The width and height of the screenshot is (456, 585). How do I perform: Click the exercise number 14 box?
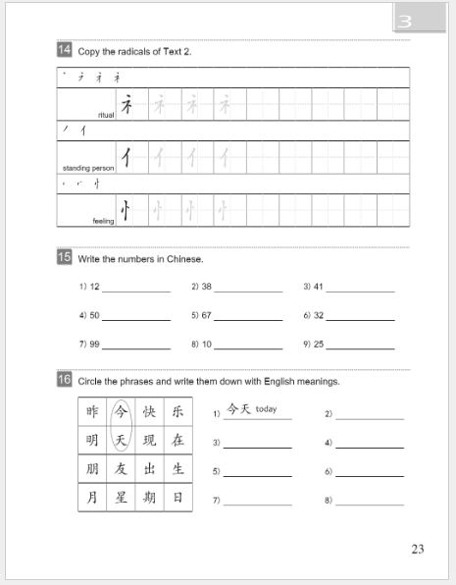(64, 49)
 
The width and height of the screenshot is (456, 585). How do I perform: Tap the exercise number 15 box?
(64, 257)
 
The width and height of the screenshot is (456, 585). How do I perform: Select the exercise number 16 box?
(64, 380)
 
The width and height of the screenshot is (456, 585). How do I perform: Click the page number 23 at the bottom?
(418, 549)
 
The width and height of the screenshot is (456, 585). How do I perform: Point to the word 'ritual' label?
(107, 115)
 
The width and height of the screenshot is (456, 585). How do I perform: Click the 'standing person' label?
(88, 168)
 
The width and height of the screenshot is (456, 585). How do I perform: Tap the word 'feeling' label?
(103, 221)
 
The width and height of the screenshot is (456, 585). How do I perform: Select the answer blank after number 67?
(248, 319)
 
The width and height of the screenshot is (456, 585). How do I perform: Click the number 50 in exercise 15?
(94, 316)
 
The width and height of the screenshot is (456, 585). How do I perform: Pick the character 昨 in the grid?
(92, 411)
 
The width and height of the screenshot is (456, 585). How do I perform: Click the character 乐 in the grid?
(177, 411)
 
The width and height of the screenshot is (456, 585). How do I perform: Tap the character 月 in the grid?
(92, 497)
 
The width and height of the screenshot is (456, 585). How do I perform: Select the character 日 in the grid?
(177, 497)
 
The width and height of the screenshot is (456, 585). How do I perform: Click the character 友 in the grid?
(121, 468)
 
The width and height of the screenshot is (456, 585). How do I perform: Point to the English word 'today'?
(267, 409)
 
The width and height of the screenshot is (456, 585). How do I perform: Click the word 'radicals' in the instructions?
(121, 50)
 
